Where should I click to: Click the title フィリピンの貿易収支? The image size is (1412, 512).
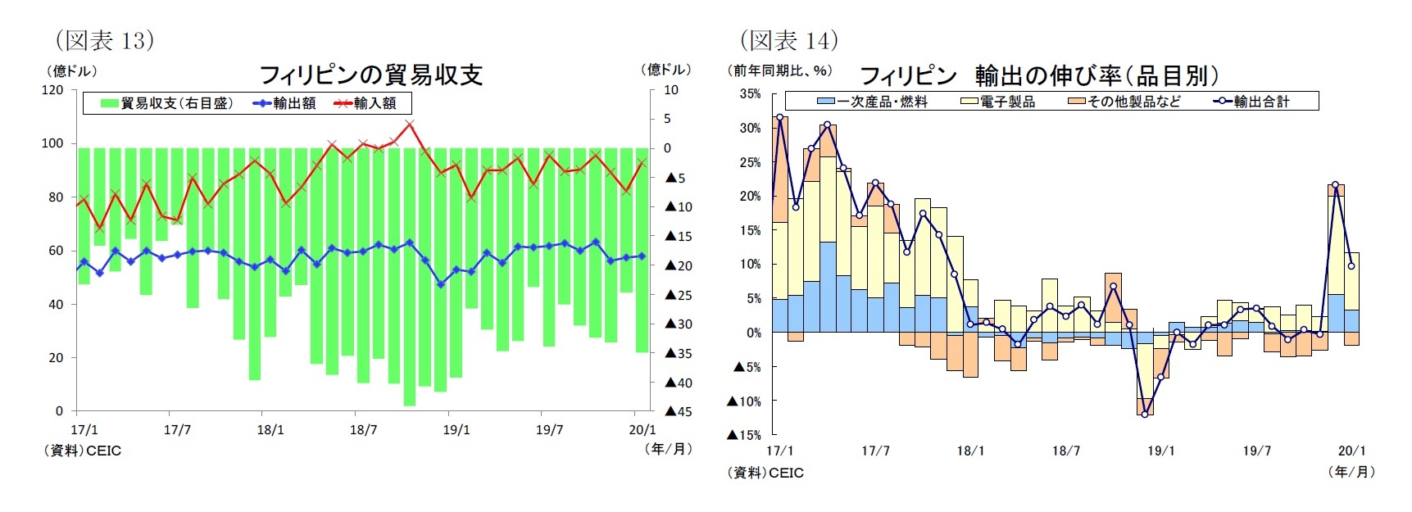click(x=370, y=75)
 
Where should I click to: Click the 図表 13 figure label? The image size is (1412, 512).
click(x=104, y=40)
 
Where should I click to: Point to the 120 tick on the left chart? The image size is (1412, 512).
click(x=52, y=90)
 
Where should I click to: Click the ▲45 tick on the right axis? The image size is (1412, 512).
click(x=678, y=411)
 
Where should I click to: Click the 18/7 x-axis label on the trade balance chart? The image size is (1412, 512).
click(x=363, y=429)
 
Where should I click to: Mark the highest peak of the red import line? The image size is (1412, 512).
click(x=410, y=124)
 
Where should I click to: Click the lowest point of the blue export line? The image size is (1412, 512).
click(x=441, y=284)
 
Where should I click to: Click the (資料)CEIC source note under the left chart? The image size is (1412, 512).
click(x=83, y=450)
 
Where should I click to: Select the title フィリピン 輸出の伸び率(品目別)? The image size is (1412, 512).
click(x=1038, y=76)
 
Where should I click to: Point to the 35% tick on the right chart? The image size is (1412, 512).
click(x=749, y=94)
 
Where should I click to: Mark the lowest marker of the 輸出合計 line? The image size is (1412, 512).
click(x=1145, y=414)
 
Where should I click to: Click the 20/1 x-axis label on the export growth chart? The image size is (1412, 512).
click(x=1351, y=451)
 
